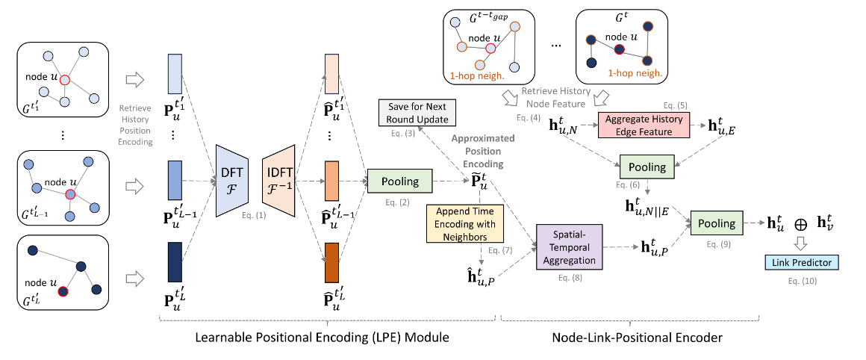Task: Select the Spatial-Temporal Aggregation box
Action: coord(570,249)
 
